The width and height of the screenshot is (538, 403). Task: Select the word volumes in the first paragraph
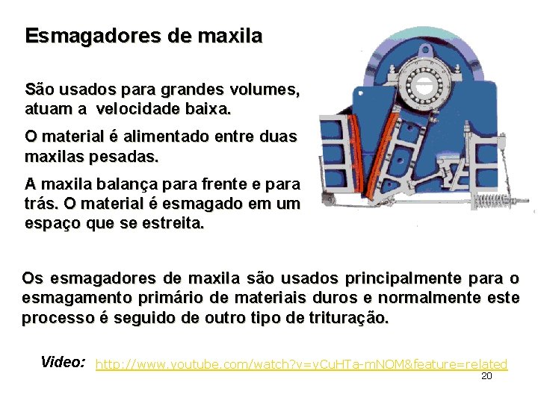(259, 90)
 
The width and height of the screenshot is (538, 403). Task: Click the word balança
(120, 184)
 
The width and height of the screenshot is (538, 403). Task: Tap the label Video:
(63, 363)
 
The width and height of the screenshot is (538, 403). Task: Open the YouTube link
(302, 364)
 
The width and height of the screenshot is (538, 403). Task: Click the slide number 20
(486, 376)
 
